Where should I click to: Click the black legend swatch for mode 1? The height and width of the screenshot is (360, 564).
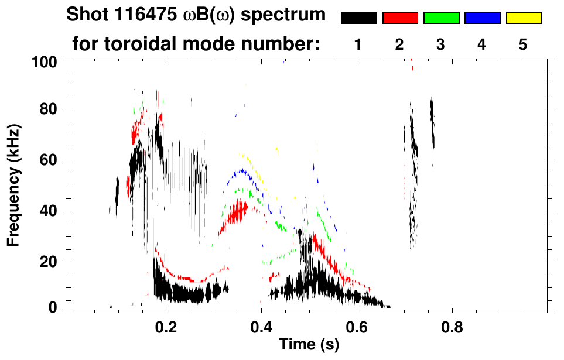(358, 18)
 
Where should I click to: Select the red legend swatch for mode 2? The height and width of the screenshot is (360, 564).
(400, 18)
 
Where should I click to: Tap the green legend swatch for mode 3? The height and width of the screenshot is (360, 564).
(441, 18)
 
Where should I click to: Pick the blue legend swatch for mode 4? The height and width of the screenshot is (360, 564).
(482, 18)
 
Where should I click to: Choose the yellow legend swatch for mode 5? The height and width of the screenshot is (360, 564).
(523, 18)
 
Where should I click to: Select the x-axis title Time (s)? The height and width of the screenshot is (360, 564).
(308, 345)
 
